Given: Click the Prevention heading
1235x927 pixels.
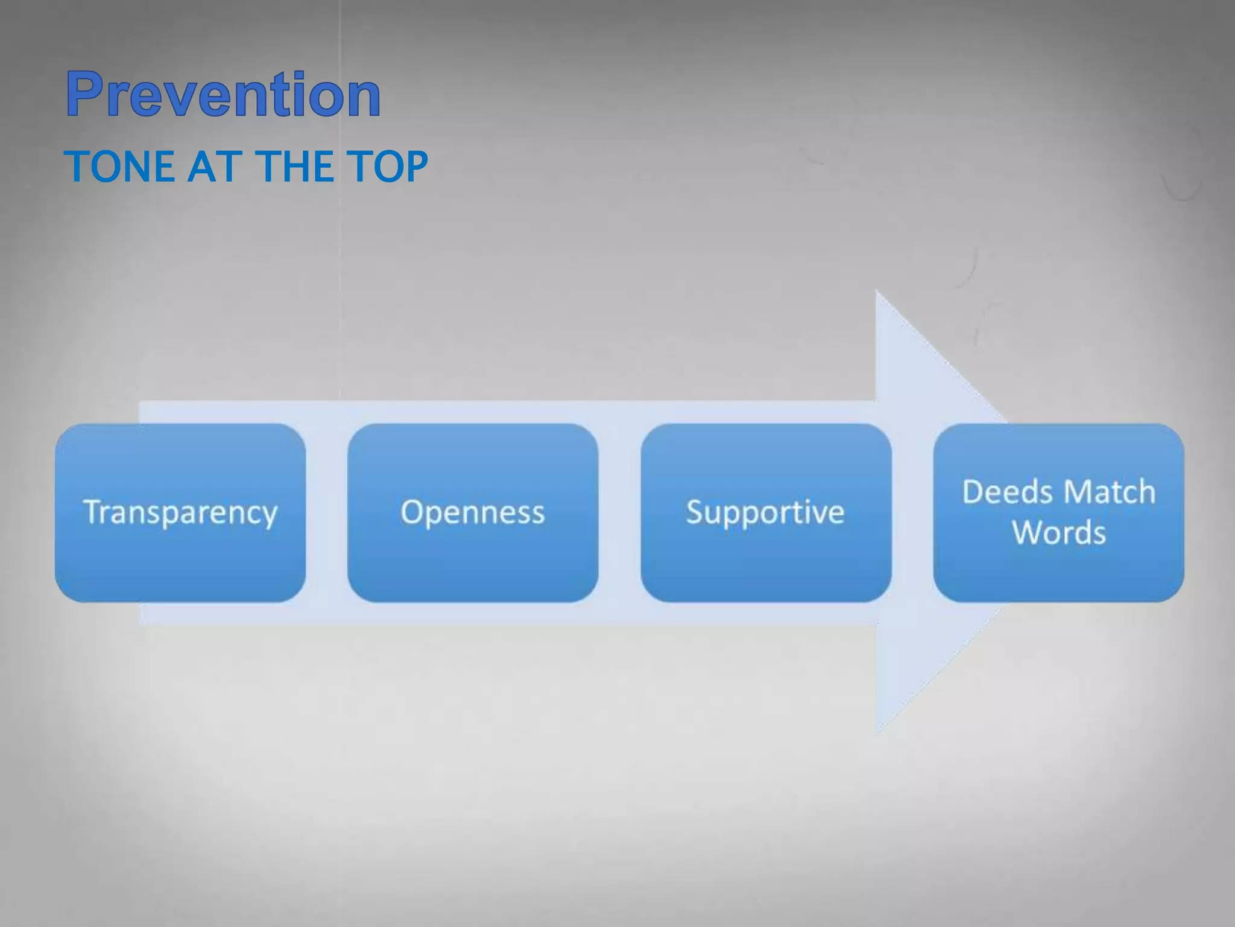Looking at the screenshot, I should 223,94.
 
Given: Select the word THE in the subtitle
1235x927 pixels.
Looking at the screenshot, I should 293,167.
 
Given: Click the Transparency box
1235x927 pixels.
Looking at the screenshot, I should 180,512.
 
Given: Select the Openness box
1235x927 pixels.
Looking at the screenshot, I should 473,512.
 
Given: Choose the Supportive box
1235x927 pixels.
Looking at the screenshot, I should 766,512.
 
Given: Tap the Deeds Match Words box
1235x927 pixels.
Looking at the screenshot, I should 1058,512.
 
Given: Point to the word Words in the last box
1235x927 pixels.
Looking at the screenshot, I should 1059,533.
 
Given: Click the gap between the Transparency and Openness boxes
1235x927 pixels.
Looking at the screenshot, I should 326,512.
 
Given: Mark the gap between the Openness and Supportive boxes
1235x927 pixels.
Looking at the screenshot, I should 619,512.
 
